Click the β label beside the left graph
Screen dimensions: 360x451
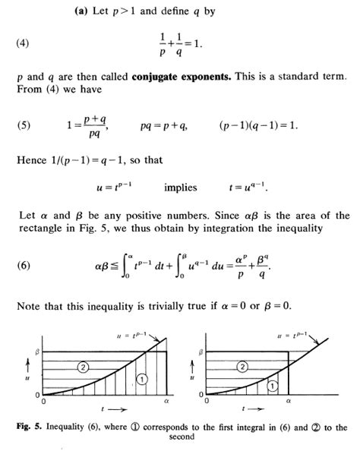click(35, 352)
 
